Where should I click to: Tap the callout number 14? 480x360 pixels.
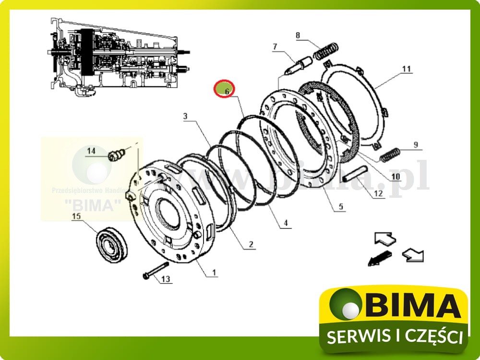click(91, 151)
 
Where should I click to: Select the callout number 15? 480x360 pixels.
click(76, 216)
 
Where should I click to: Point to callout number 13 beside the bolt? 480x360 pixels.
click(165, 279)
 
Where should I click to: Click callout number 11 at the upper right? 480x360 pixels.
click(407, 69)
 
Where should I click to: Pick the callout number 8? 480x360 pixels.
click(298, 35)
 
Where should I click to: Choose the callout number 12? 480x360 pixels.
click(378, 194)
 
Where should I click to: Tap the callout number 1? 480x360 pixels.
click(214, 273)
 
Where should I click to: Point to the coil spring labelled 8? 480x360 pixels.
click(326, 51)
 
